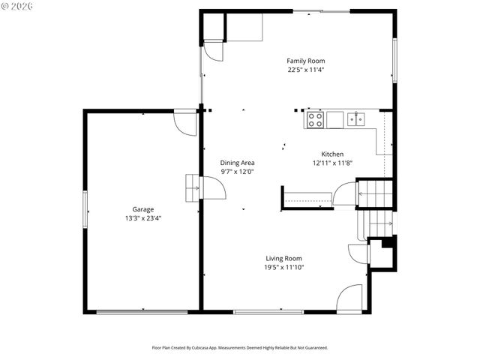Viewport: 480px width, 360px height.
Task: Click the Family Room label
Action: pos(305,61)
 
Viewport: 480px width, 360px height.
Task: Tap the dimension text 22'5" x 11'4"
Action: pos(305,70)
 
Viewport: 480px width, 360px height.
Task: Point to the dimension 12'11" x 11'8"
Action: pos(332,163)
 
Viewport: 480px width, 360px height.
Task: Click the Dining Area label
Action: pos(237,163)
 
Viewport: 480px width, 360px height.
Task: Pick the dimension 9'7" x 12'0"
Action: pos(237,172)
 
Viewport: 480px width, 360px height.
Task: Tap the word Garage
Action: pos(143,209)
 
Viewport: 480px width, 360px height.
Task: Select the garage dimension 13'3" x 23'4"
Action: pos(143,218)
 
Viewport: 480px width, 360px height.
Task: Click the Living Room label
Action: pos(283,258)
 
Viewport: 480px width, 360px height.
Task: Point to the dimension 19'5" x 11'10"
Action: pos(283,267)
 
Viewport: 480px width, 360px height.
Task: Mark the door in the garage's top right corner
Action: pos(185,122)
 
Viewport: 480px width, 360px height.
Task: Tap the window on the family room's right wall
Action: pos(394,60)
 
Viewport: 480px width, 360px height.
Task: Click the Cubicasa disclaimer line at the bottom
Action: pos(240,347)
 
